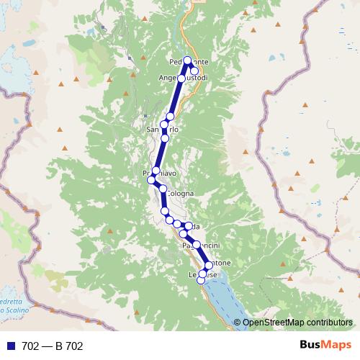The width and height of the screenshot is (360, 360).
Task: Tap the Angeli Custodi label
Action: (x=183, y=78)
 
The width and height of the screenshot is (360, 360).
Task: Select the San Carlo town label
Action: (x=162, y=130)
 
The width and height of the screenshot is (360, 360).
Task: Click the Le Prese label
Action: (x=202, y=274)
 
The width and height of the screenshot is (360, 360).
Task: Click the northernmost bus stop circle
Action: (x=188, y=60)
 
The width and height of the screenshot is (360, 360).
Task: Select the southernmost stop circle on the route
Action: (x=202, y=281)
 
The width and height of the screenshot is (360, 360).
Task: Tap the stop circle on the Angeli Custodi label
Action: (x=182, y=78)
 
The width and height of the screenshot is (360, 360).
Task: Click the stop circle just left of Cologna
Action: (x=163, y=189)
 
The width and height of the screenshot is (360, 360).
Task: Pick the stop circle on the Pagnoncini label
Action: (x=196, y=245)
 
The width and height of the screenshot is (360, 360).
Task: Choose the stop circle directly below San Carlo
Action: (x=165, y=138)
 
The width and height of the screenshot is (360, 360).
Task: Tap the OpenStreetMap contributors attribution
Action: (x=297, y=323)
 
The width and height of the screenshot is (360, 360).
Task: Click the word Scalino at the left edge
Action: (x=14, y=309)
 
